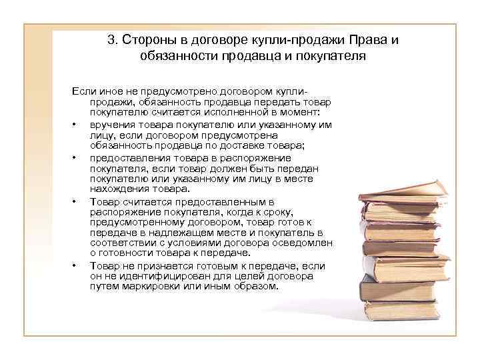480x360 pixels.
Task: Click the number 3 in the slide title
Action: [110, 40]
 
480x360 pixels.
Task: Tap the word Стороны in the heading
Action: [147, 40]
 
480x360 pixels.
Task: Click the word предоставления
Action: [133, 158]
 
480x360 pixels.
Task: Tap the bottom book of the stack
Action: [400, 311]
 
